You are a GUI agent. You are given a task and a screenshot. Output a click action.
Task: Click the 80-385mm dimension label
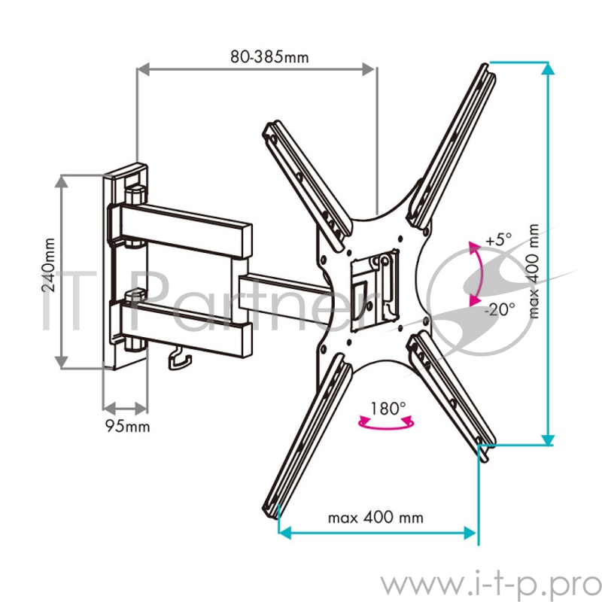(x=259, y=56)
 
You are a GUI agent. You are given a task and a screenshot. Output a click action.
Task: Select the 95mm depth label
(x=126, y=427)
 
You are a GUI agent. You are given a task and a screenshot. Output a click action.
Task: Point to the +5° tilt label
(x=498, y=241)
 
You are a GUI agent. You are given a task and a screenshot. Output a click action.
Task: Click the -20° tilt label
(x=500, y=308)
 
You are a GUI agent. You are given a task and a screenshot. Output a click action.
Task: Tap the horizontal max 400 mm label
(x=375, y=518)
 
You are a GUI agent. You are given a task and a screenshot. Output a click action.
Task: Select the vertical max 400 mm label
(x=534, y=271)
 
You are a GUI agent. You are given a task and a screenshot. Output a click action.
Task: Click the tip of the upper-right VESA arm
(x=486, y=72)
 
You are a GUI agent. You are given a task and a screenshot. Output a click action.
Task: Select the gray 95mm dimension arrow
(x=125, y=409)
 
